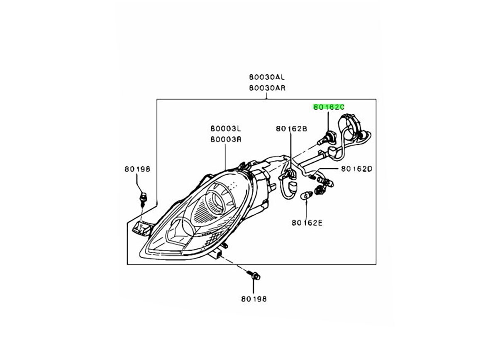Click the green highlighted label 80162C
point(329,107)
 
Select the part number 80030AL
point(267,77)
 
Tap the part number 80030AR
point(267,88)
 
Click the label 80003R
point(225,140)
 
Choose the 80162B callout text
point(291,129)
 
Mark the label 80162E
point(307,223)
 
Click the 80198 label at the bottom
point(253,298)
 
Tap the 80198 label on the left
point(137,169)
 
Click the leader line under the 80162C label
point(329,120)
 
